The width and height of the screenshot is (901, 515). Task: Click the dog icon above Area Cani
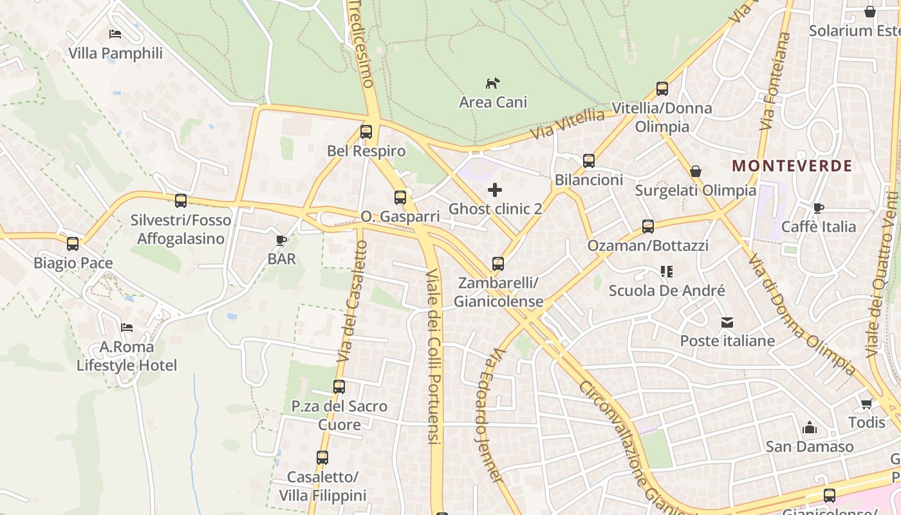pyautogui.click(x=492, y=83)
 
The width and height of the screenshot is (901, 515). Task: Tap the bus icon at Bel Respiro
pyautogui.click(x=366, y=132)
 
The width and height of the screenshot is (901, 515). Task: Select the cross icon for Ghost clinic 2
pyautogui.click(x=495, y=189)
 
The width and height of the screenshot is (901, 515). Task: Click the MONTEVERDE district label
pyautogui.click(x=792, y=165)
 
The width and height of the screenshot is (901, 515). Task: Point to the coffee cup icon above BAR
pyautogui.click(x=281, y=240)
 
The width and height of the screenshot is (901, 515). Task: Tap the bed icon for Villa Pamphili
pyautogui.click(x=115, y=34)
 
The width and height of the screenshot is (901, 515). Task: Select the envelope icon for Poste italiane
pyautogui.click(x=727, y=322)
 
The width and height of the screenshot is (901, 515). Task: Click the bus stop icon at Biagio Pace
pyautogui.click(x=73, y=244)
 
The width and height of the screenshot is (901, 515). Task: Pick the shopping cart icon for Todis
pyautogui.click(x=866, y=404)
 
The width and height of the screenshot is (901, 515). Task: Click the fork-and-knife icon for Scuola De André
pyautogui.click(x=666, y=272)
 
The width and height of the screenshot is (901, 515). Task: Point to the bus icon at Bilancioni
pyautogui.click(x=589, y=161)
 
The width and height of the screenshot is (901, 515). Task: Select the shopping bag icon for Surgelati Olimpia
pyautogui.click(x=696, y=171)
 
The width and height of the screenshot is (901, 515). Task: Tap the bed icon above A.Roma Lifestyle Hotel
pyautogui.click(x=127, y=328)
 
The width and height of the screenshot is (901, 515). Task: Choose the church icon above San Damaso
pyautogui.click(x=809, y=427)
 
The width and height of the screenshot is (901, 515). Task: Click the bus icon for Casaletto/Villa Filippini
pyautogui.click(x=322, y=458)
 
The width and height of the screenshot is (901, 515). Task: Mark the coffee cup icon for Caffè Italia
pyautogui.click(x=818, y=208)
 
